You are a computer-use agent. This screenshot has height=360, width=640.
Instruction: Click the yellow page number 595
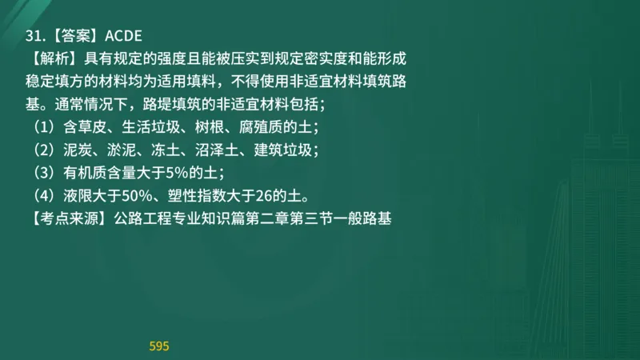[x=159, y=346]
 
